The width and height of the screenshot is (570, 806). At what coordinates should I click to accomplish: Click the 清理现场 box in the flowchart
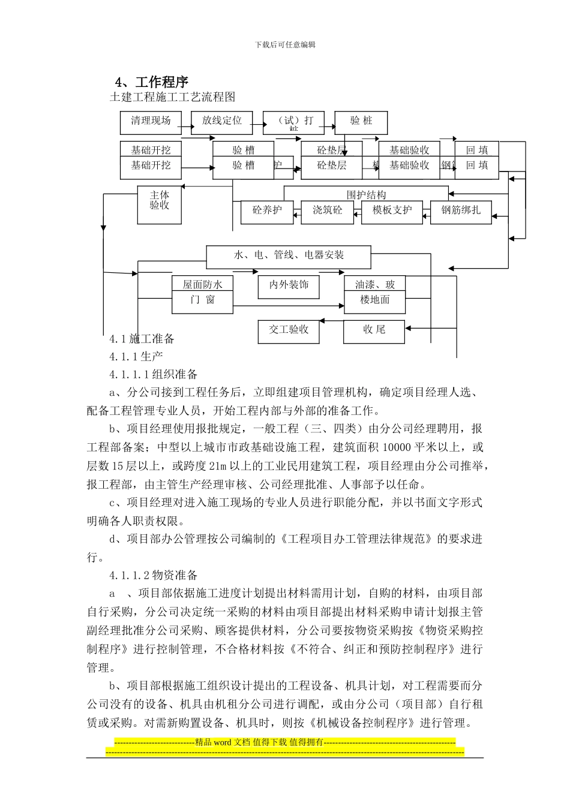tap(151, 122)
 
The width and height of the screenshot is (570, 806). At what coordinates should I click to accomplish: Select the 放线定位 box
tap(221, 122)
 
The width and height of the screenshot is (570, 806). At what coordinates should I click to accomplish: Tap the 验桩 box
tap(361, 122)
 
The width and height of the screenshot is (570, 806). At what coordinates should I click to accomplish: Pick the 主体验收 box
tap(160, 204)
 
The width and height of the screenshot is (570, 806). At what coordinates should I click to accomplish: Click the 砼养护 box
tap(267, 211)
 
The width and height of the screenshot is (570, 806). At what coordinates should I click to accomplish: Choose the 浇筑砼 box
tap(327, 211)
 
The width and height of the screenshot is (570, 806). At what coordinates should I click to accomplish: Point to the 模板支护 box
tap(392, 211)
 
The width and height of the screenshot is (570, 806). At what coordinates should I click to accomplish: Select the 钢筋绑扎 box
tap(461, 211)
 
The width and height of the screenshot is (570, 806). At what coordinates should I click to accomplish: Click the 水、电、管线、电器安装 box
tap(289, 256)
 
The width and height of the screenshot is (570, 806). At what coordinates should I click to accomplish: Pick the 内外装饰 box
tap(289, 286)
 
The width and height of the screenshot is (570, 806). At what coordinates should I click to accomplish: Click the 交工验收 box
tap(289, 330)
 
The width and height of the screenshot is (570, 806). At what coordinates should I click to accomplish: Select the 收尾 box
tap(374, 330)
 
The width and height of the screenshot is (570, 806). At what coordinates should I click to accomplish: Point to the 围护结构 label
tap(366, 194)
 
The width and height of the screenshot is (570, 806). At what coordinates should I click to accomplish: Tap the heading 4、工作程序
tap(152, 82)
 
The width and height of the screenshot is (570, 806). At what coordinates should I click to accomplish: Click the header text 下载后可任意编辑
tap(285, 44)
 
